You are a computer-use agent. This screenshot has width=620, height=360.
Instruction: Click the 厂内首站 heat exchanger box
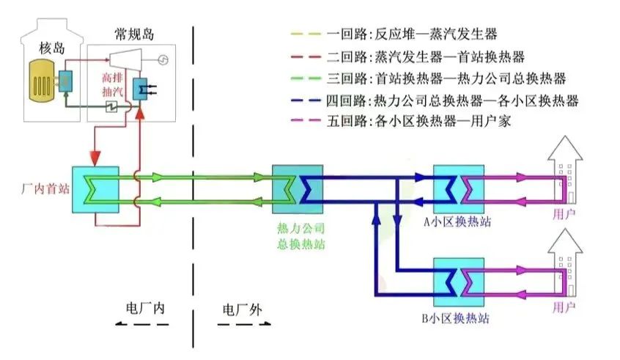[95, 189]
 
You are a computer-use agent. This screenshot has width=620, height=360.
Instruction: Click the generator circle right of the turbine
[164, 58]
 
